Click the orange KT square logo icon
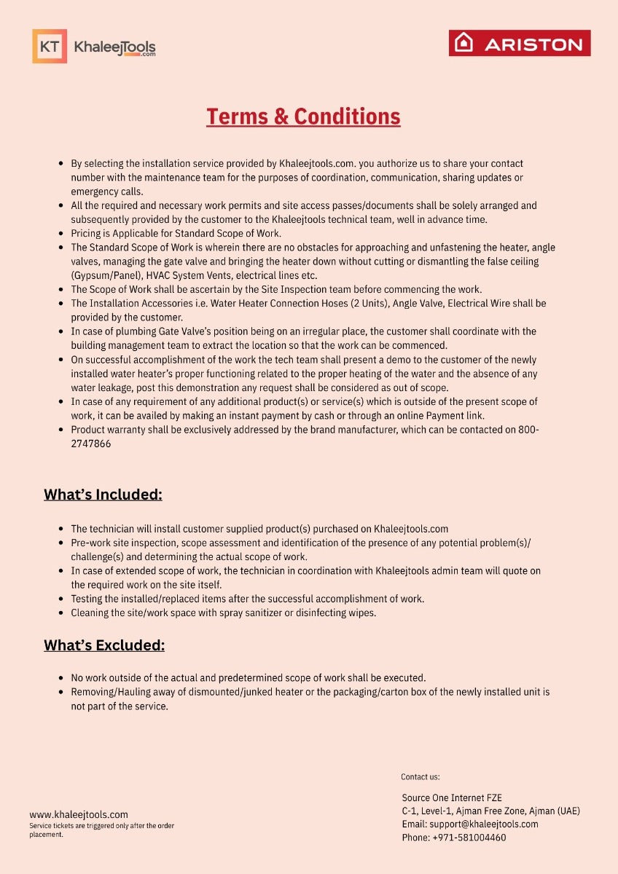(x=50, y=47)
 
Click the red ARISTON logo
(x=520, y=44)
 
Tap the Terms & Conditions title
(x=303, y=117)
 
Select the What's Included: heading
(x=103, y=495)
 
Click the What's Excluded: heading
(x=104, y=645)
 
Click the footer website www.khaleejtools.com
(x=79, y=815)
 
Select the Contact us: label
(x=421, y=777)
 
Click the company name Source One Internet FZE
(x=452, y=798)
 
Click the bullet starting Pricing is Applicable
(x=176, y=233)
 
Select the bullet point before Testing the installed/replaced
(x=61, y=599)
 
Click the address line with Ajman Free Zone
(x=490, y=811)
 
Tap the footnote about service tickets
(x=101, y=830)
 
